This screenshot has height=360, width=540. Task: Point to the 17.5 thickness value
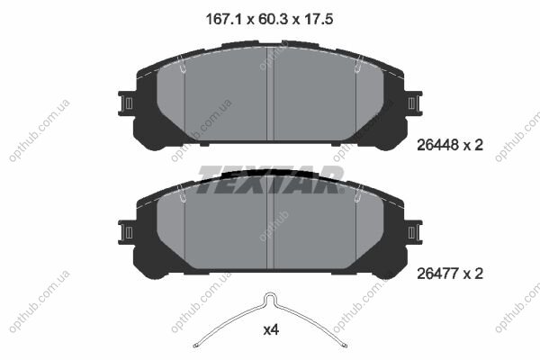click(319, 19)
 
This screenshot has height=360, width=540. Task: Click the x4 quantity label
click(271, 330)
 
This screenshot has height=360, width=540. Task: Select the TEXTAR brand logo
click(271, 179)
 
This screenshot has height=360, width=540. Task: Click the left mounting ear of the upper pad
click(126, 103)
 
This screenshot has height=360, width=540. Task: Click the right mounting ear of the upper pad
click(414, 103)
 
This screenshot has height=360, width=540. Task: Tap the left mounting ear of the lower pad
click(126, 232)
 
